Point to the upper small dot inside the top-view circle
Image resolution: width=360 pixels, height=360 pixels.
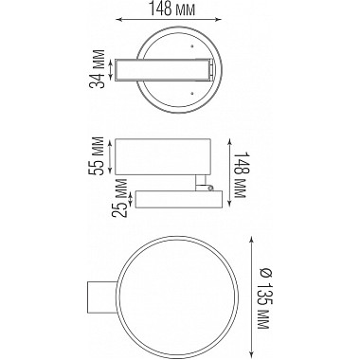193,45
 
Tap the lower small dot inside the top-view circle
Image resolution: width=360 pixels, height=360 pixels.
193,94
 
